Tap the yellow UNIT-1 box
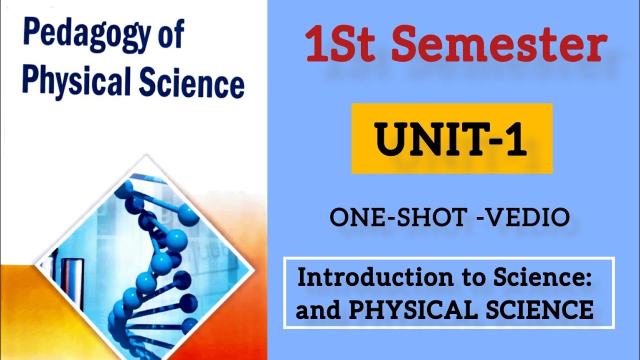coord(451,138)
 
